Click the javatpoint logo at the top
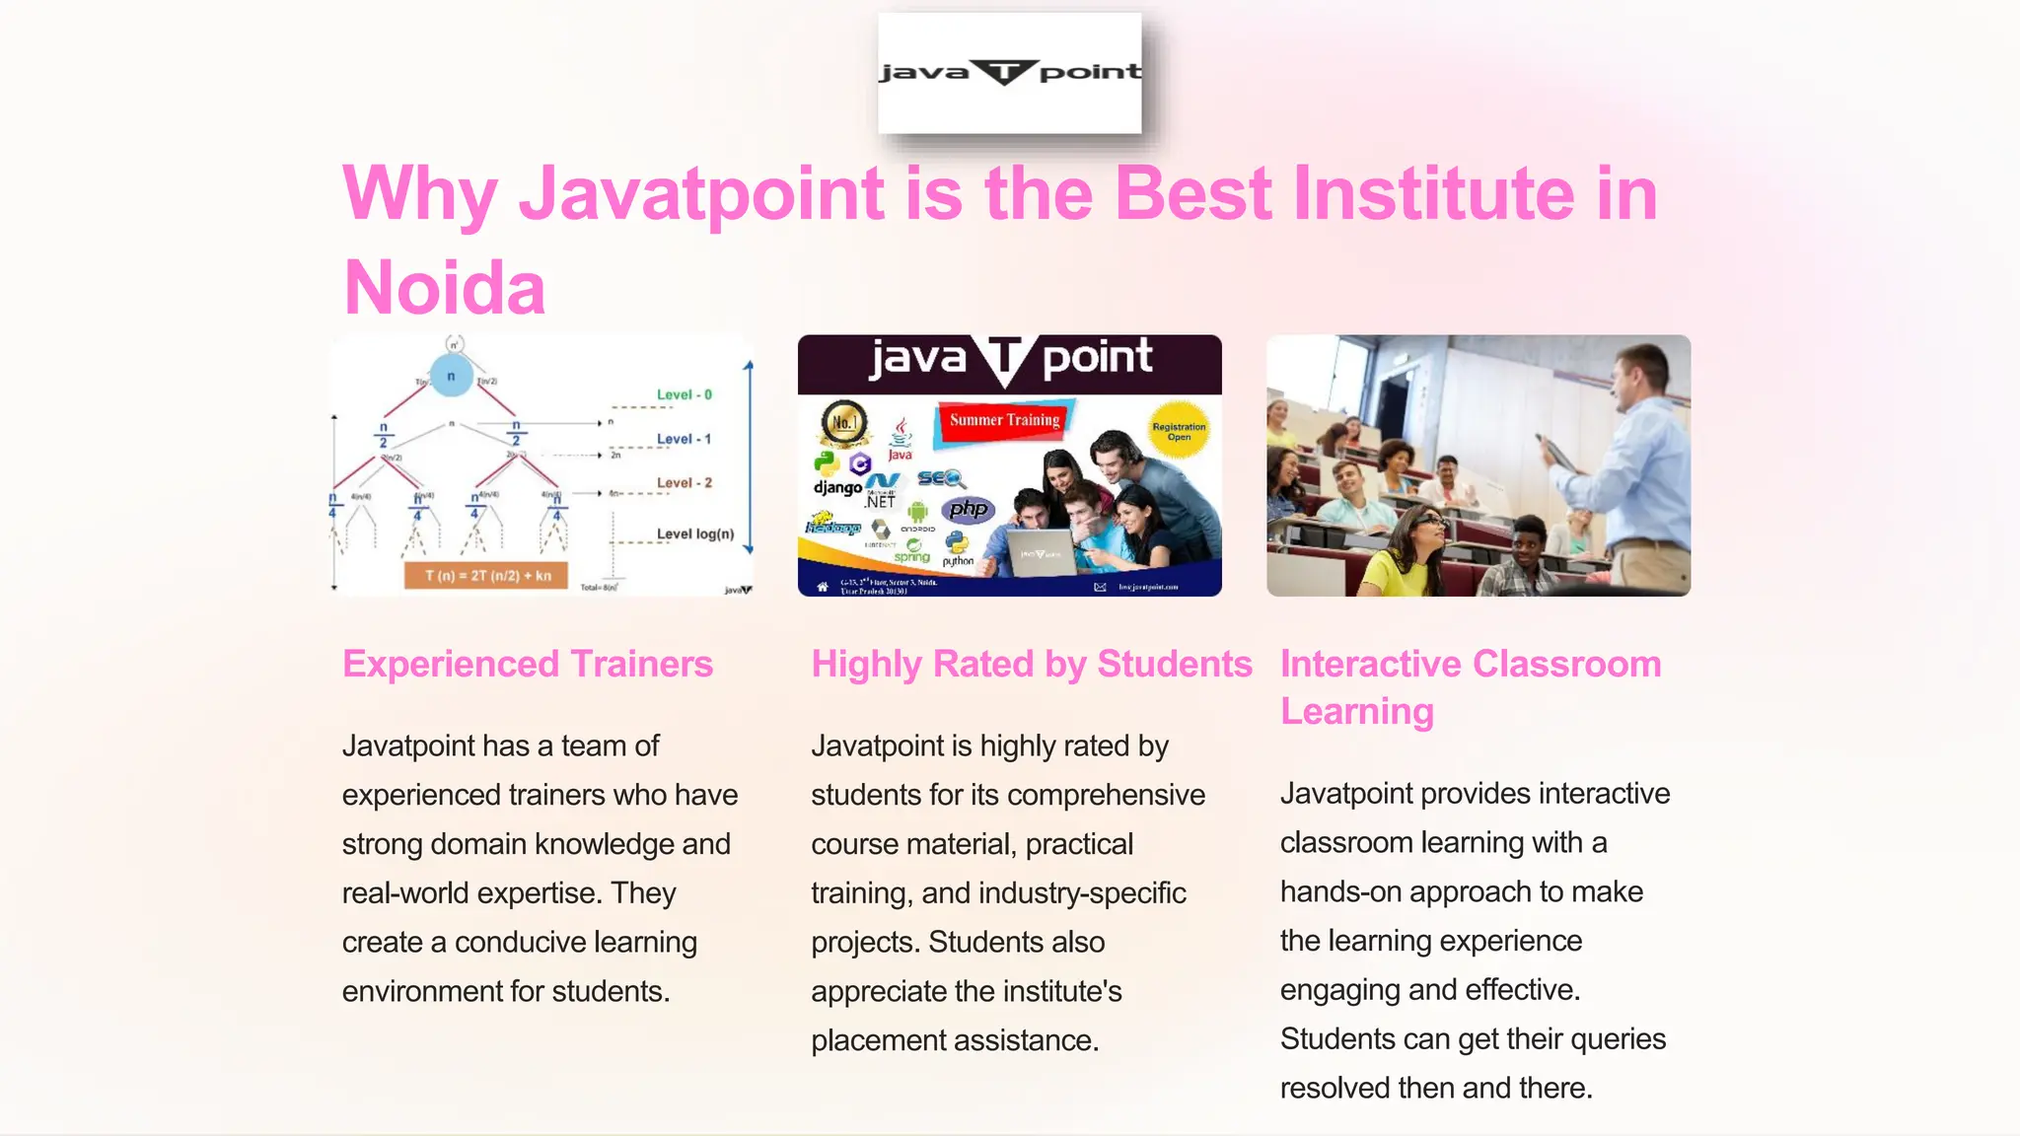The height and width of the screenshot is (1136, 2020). [1009, 73]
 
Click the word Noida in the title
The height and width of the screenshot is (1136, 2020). [444, 287]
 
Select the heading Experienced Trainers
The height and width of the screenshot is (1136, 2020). [527, 664]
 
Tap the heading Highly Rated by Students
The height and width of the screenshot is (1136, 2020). [1031, 664]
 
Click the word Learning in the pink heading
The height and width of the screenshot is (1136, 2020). [1356, 711]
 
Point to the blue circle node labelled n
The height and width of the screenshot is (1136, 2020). [452, 376]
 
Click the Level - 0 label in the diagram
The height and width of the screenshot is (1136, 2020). [684, 394]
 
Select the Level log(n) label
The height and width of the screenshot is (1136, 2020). [694, 533]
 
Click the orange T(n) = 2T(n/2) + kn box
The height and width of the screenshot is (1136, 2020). [486, 575]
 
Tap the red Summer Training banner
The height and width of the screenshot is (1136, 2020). [1004, 420]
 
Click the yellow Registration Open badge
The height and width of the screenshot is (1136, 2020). [1179, 431]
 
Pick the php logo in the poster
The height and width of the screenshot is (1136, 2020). [968, 509]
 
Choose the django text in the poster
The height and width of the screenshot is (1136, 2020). [837, 487]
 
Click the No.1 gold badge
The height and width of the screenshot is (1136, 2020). [844, 423]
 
